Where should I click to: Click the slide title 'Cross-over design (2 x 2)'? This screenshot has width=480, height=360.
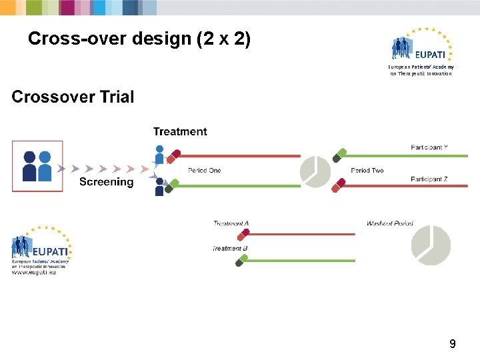point(139,40)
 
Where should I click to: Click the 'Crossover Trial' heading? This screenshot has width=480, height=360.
point(73,97)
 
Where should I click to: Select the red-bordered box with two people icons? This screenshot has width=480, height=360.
point(37,166)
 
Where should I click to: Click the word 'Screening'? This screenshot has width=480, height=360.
point(106,182)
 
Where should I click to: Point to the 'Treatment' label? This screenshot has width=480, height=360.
point(180,132)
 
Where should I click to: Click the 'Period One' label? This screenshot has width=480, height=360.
point(204,171)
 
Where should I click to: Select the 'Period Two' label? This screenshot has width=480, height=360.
point(367,171)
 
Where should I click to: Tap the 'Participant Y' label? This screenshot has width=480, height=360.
point(429,147)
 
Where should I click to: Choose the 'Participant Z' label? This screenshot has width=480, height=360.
point(429,179)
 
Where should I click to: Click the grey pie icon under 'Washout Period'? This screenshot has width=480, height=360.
point(431,245)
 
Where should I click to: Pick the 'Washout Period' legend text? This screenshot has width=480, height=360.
point(389,224)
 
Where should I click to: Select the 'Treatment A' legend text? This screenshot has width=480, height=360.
point(231,223)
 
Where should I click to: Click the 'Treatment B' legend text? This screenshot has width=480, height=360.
point(231,248)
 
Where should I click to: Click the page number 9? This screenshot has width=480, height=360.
point(453,344)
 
